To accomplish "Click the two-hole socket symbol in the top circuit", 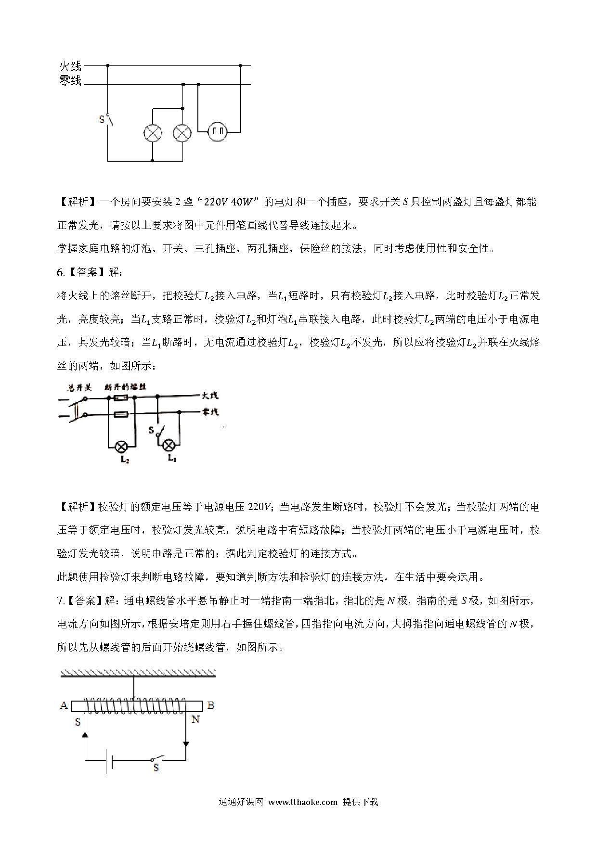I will coord(217,131).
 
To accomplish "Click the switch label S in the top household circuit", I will coord(101,119).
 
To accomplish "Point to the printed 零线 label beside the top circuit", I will coord(70,81).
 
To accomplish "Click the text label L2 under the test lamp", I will coord(125,460).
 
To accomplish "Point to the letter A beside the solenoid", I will coord(64,705).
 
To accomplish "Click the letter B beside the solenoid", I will coord(210,705).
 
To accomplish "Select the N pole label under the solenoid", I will coord(195,720).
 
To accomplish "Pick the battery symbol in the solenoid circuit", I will coord(109,761).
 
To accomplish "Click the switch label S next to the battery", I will coord(156,768).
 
